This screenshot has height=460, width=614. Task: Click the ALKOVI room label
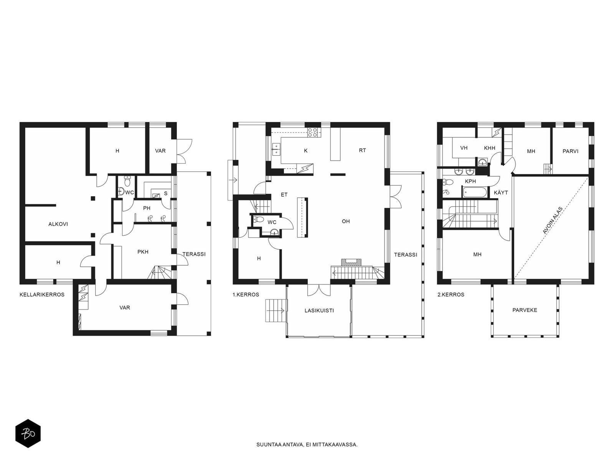[58, 224]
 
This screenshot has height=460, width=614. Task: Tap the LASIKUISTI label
[319, 310]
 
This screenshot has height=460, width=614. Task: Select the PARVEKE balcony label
[525, 310]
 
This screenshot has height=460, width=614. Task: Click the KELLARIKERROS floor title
[42, 295]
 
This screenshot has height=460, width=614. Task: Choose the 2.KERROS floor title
[451, 295]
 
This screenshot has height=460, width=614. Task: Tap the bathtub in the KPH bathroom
[475, 192]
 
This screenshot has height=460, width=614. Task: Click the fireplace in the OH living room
[352, 262]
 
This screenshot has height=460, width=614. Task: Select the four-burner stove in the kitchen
[312, 132]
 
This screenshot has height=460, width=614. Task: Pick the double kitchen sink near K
[276, 149]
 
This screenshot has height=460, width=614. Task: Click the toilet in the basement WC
[127, 182]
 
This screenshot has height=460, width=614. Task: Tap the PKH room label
[143, 252]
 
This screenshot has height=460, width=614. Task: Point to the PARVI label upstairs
[570, 151]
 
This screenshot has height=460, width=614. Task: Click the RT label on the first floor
[363, 150]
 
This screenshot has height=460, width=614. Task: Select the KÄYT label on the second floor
[501, 192]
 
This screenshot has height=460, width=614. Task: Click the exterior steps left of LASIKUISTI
[276, 310]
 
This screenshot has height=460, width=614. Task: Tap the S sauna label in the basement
[166, 193]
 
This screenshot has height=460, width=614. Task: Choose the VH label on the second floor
[464, 148]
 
